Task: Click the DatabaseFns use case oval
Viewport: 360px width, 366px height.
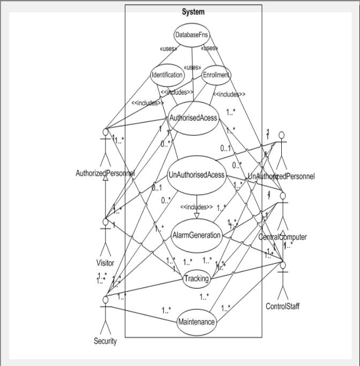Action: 192,35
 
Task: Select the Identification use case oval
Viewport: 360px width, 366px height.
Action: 167,75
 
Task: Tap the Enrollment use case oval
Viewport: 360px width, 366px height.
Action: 216,75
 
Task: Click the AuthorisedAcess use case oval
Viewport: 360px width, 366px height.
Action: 193,118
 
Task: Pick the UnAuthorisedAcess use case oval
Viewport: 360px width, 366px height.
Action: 196,175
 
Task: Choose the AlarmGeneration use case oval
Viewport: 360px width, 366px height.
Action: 197,235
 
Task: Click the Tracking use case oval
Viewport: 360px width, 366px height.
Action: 196,279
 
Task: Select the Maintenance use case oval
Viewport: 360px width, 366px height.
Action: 197,322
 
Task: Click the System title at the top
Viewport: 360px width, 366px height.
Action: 193,12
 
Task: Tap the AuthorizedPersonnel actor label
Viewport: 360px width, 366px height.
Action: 105,173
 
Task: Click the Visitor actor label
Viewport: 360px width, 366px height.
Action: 105,263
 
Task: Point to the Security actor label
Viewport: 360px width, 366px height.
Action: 105,341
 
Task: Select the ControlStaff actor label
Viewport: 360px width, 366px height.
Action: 282,306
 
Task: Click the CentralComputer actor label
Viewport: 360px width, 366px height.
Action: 282,237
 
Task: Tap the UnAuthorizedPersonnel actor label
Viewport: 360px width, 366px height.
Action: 281,176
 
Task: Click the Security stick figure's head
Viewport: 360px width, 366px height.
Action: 106,300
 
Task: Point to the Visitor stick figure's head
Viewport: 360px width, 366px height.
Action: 106,222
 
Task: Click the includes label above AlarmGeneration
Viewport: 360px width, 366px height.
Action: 196,207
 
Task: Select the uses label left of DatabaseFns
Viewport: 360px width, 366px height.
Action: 168,49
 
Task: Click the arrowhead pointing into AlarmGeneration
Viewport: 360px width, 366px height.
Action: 197,216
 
